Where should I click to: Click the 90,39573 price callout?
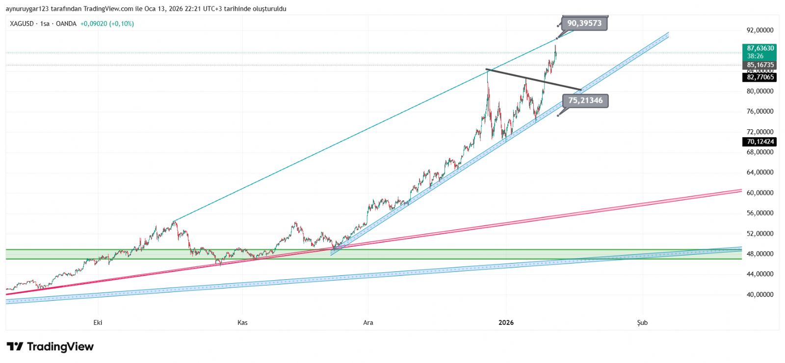[x=584, y=24]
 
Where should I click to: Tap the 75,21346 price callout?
[x=585, y=101]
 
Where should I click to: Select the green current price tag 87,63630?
[x=760, y=48]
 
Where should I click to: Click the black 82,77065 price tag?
[x=760, y=77]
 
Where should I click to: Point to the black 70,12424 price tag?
[x=760, y=142]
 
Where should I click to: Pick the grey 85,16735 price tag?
[x=760, y=65]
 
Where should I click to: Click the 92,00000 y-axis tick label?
[x=760, y=30]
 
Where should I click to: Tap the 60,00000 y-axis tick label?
[x=760, y=193]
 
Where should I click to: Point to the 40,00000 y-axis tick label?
[x=760, y=294]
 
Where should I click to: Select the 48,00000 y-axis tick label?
[x=760, y=254]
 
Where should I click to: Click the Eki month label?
[x=98, y=322]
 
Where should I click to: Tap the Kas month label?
[x=242, y=322]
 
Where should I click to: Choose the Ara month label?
[x=368, y=322]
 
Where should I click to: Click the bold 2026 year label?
[x=506, y=322]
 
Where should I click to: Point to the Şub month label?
[x=642, y=322]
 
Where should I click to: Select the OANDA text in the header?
[x=66, y=24]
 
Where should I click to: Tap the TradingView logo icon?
[x=15, y=347]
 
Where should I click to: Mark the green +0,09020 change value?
[x=94, y=24]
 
